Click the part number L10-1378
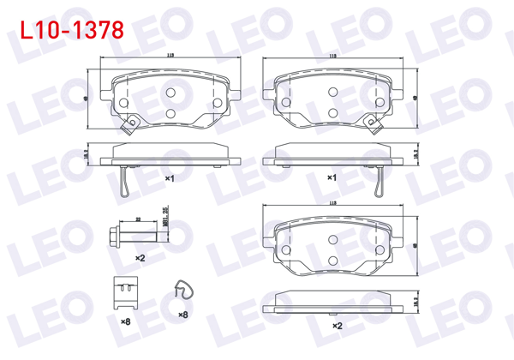tap(66, 29)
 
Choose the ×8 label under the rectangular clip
tap(125, 321)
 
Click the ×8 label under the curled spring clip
tap(182, 315)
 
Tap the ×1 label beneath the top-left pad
tap(170, 178)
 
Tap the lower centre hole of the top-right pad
tap(331, 112)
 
